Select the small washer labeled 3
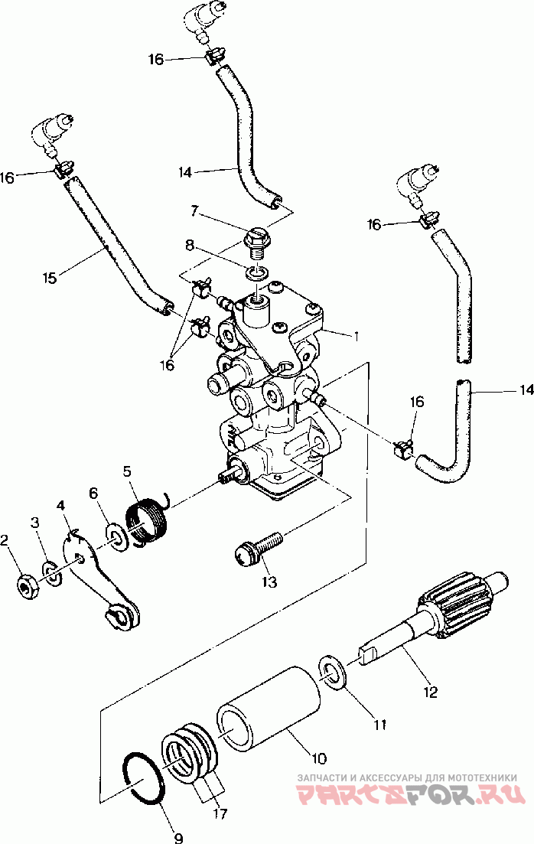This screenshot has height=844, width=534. [x=51, y=573]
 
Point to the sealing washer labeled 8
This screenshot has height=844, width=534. [x=256, y=272]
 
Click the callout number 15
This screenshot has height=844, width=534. [x=50, y=279]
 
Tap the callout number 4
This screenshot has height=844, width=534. [x=60, y=506]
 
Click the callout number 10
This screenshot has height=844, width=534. [x=319, y=759]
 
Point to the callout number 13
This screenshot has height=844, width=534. [x=269, y=582]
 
